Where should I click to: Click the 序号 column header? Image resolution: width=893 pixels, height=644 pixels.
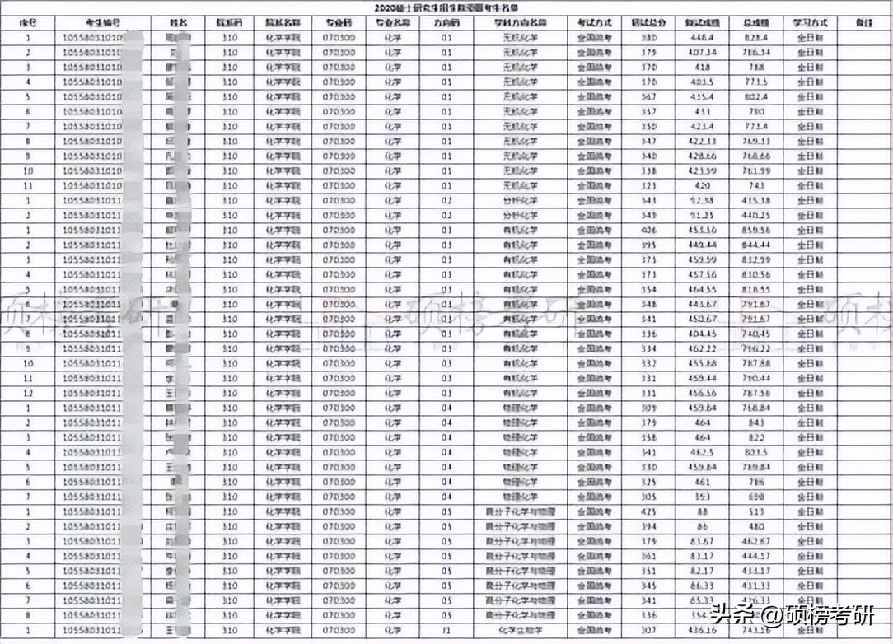pyautogui.click(x=30, y=23)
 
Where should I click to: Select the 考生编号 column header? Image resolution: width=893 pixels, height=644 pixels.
pyautogui.click(x=103, y=23)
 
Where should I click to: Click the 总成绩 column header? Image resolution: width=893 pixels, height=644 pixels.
pyautogui.click(x=756, y=23)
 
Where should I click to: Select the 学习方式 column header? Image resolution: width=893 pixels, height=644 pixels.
pyautogui.click(x=808, y=23)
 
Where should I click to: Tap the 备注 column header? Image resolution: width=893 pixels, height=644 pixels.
pyautogui.click(x=863, y=23)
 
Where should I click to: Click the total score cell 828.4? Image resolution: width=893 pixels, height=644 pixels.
pyautogui.click(x=756, y=38)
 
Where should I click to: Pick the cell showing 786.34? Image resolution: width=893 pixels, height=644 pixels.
pyautogui.click(x=756, y=53)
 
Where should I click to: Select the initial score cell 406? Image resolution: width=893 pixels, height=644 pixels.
pyautogui.click(x=649, y=231)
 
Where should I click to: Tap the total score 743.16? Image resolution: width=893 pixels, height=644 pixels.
pyautogui.click(x=756, y=631)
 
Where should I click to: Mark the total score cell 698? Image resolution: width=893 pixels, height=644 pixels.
pyautogui.click(x=756, y=497)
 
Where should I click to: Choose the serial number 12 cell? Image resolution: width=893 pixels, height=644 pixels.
pyautogui.click(x=30, y=394)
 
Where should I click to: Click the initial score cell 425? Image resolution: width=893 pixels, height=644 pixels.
pyautogui.click(x=649, y=512)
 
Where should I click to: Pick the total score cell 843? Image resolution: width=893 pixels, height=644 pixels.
pyautogui.click(x=756, y=423)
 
